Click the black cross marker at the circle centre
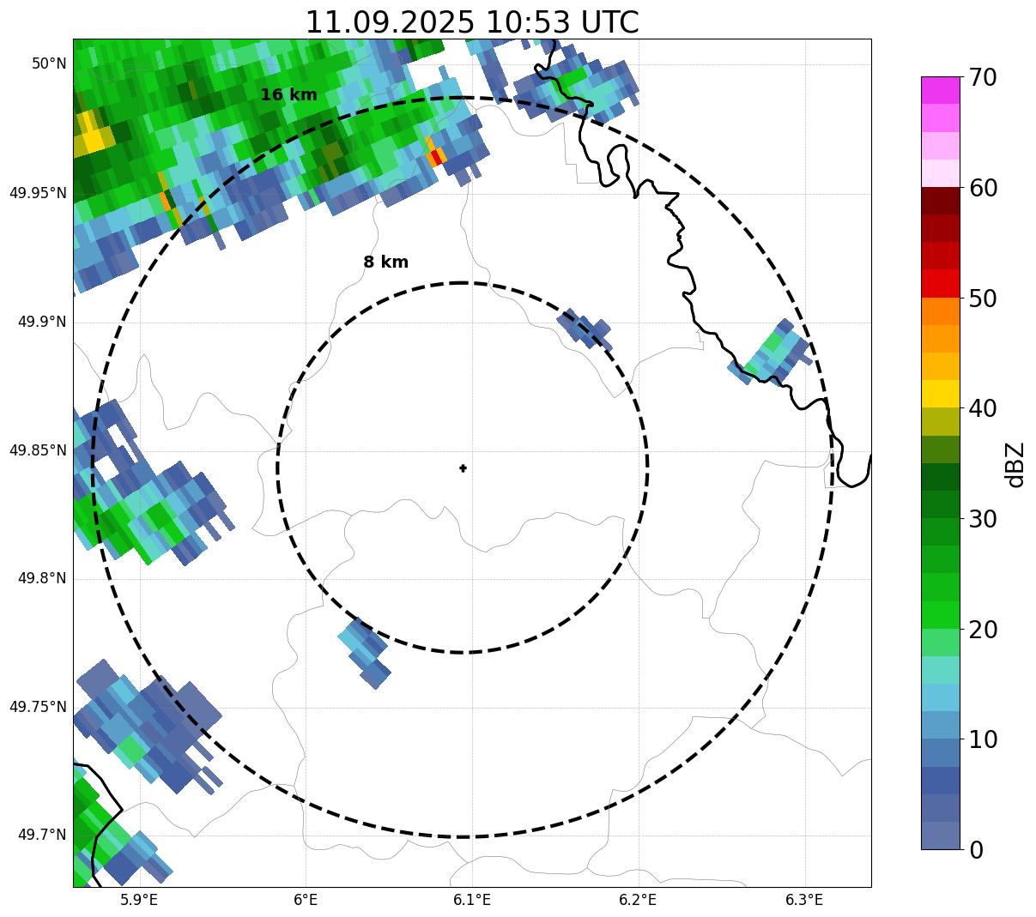point(463,468)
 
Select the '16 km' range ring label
point(288,95)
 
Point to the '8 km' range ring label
point(385,262)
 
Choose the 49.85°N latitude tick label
point(38,450)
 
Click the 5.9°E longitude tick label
point(138,900)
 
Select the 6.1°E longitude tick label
point(472,900)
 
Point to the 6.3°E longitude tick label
point(804,900)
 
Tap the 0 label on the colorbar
point(977,850)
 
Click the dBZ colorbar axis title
point(1015,464)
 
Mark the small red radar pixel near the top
point(438,156)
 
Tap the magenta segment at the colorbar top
point(941,90)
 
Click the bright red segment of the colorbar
point(941,283)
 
